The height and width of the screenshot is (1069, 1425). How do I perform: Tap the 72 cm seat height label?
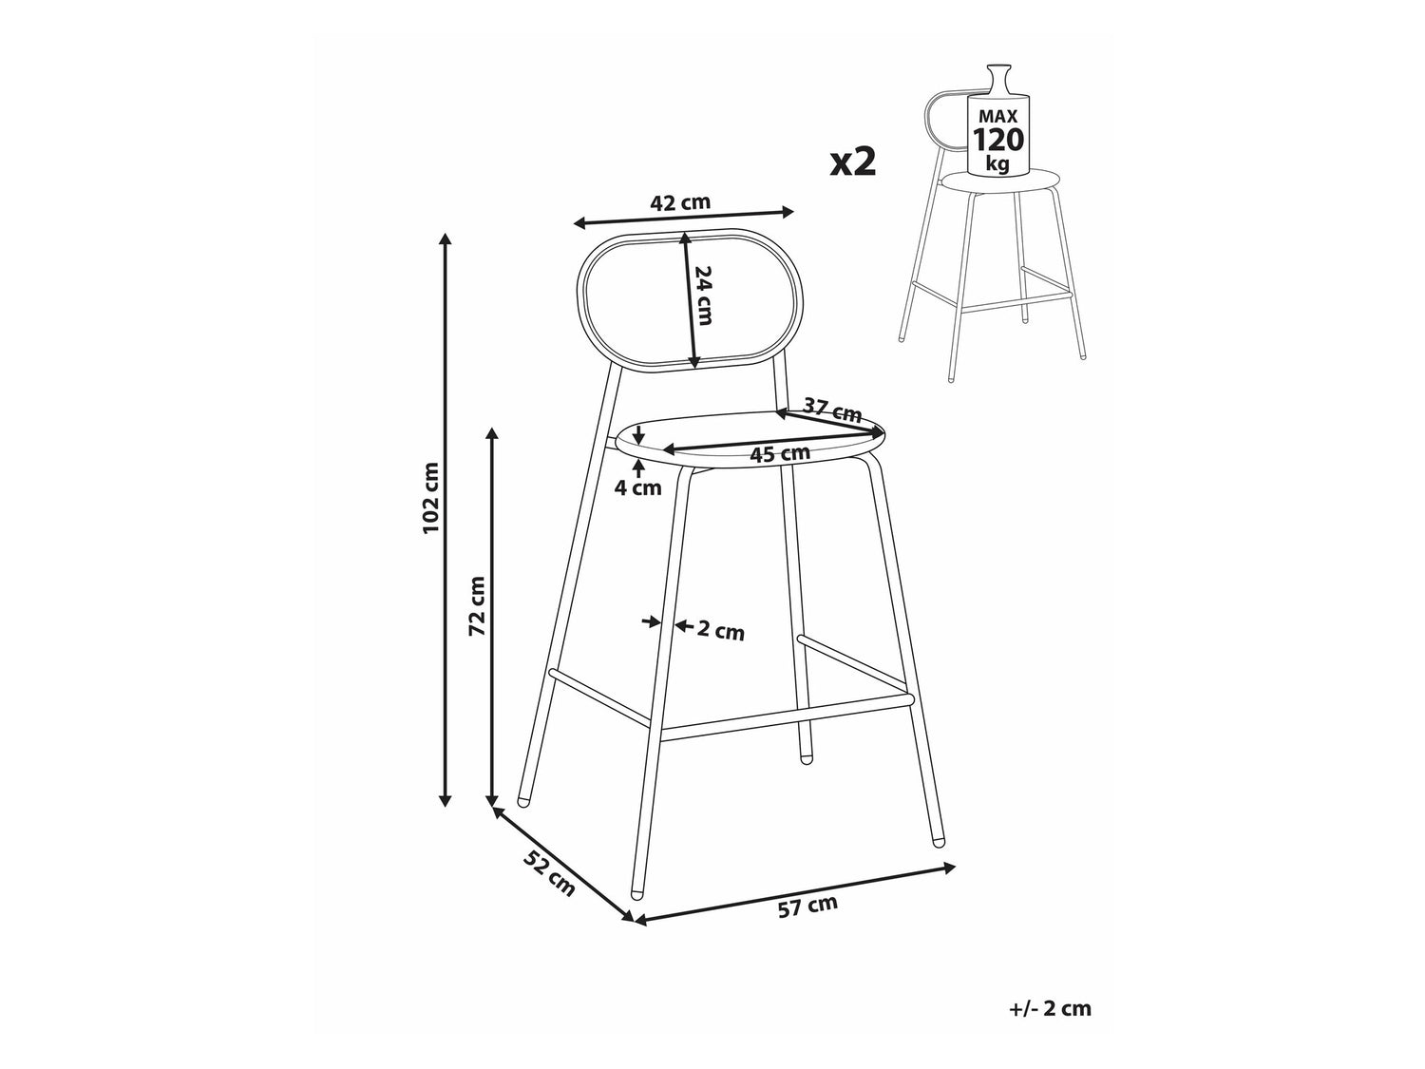(477, 605)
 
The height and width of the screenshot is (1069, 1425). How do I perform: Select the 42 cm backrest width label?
(680, 202)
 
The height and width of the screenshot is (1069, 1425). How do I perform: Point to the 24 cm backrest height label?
(703, 296)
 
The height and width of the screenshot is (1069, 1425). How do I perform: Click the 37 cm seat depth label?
(832, 410)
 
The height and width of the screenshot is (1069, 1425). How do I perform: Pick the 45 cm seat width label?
(780, 453)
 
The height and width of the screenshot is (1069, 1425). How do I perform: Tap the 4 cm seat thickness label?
(638, 487)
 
